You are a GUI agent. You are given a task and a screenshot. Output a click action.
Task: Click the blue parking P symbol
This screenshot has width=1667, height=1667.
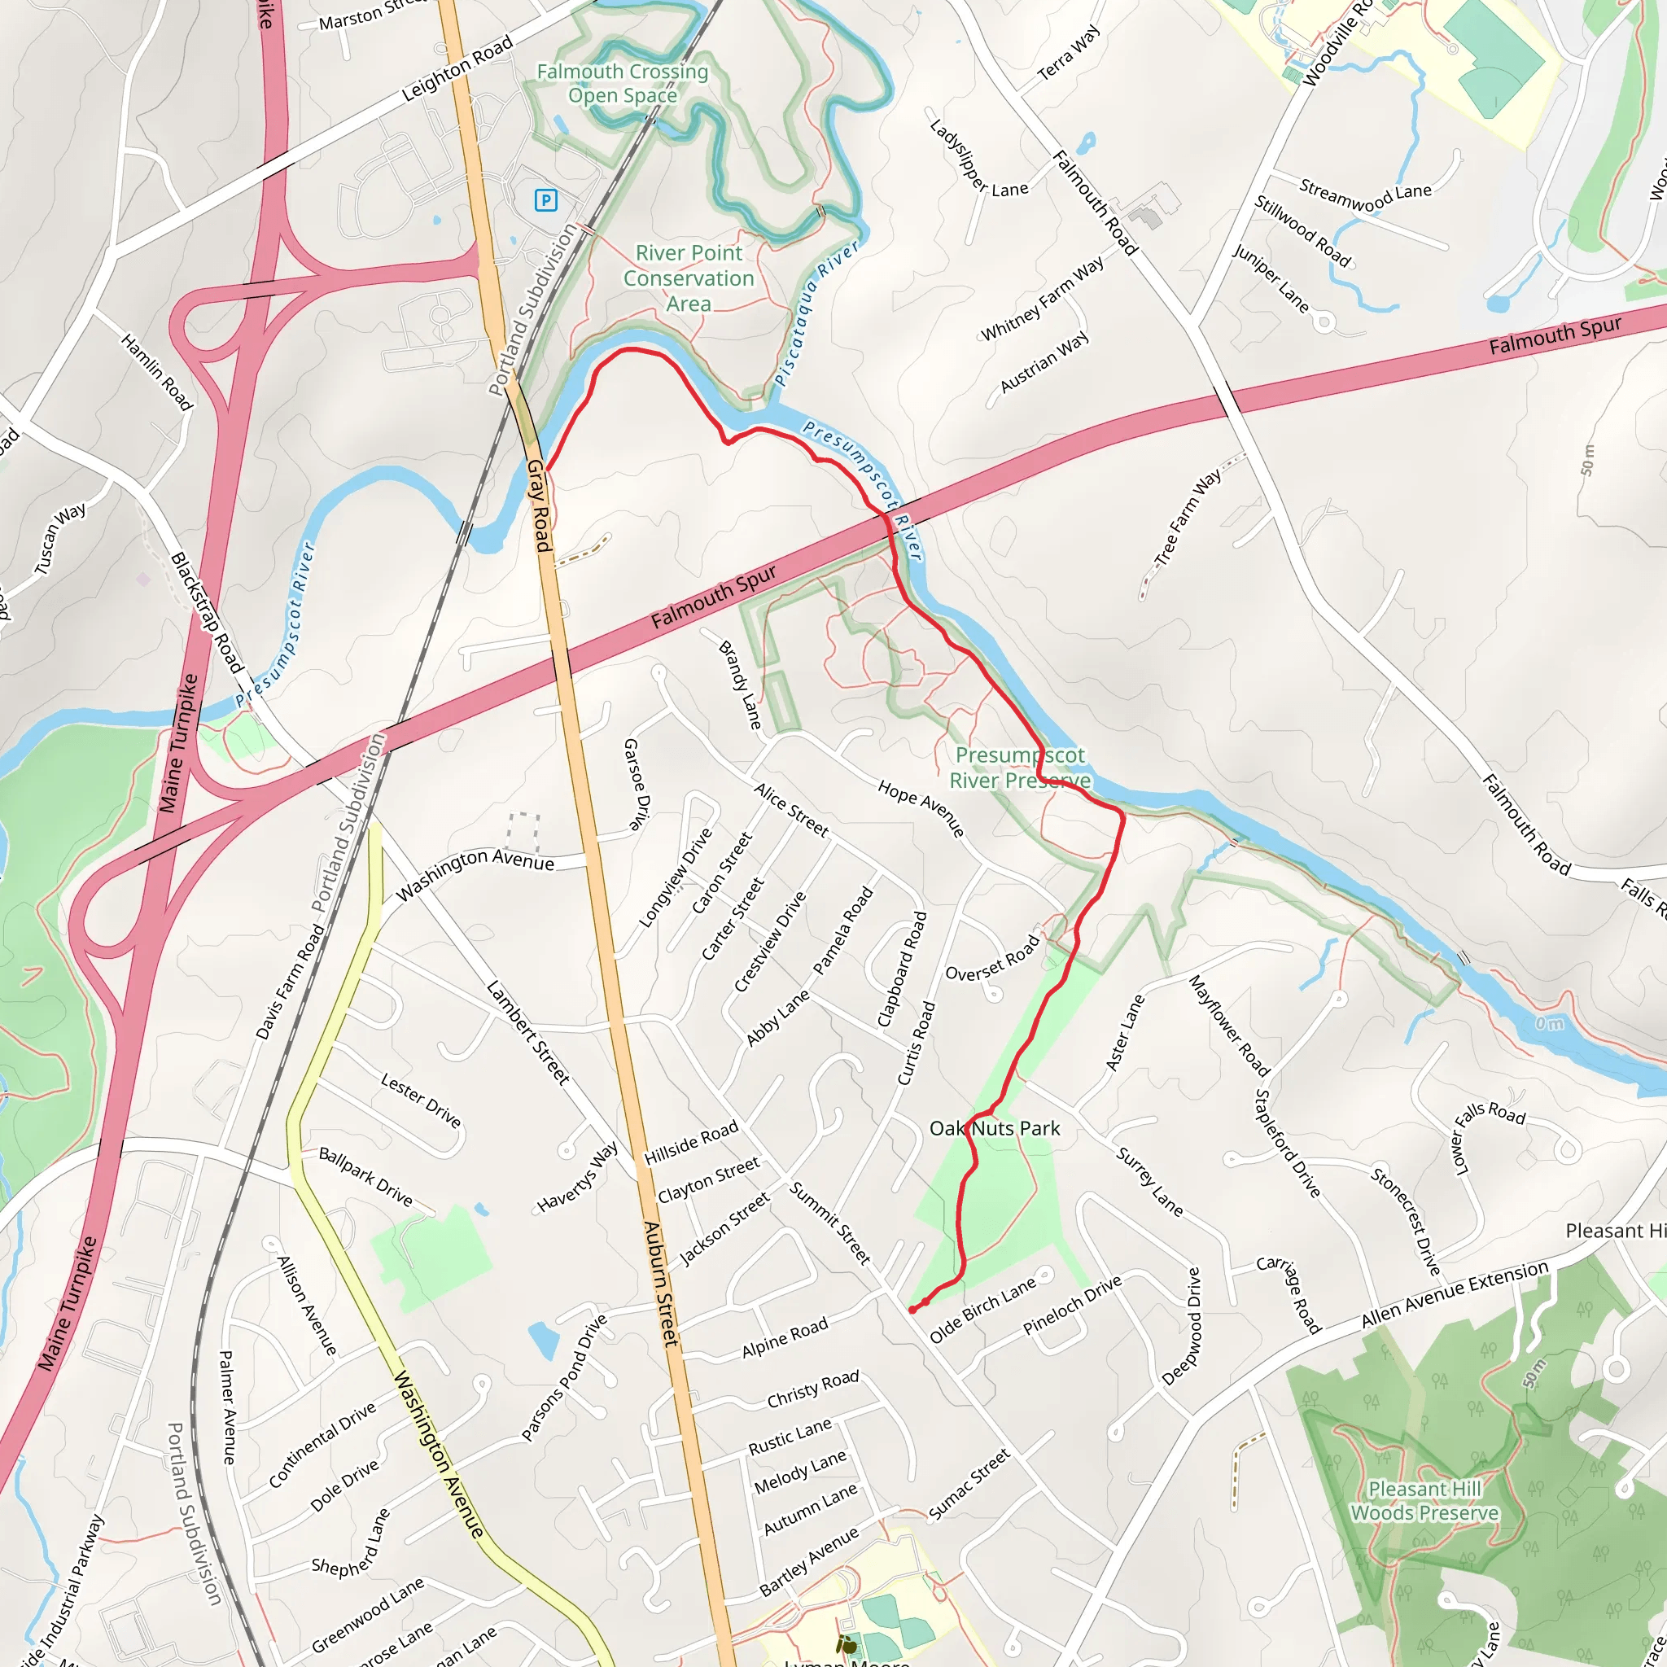545,201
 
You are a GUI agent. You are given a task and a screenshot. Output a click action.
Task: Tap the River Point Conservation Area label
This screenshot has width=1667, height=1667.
689,278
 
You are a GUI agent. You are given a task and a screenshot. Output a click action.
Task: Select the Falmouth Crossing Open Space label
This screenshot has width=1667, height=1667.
622,84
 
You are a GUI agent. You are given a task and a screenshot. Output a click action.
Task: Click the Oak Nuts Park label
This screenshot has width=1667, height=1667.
994,1129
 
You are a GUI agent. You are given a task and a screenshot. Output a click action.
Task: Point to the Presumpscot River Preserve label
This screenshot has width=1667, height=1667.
1020,768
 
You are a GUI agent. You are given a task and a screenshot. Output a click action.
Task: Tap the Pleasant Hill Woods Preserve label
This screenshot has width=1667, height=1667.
1424,1500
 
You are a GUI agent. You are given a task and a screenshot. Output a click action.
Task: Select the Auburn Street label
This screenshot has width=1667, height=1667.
661,1283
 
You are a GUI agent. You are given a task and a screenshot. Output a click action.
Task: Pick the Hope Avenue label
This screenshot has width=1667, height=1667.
921,807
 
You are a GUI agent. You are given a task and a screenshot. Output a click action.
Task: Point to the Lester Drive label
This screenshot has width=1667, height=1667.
421,1100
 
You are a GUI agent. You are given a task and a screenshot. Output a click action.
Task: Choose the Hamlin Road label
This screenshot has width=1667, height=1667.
156,372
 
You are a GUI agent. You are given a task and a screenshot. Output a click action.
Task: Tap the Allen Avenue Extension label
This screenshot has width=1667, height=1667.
1455,1294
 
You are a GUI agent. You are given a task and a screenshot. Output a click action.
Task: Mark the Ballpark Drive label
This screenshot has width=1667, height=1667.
365,1176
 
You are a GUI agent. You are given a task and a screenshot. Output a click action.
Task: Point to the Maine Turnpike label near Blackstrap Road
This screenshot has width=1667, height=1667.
178,744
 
